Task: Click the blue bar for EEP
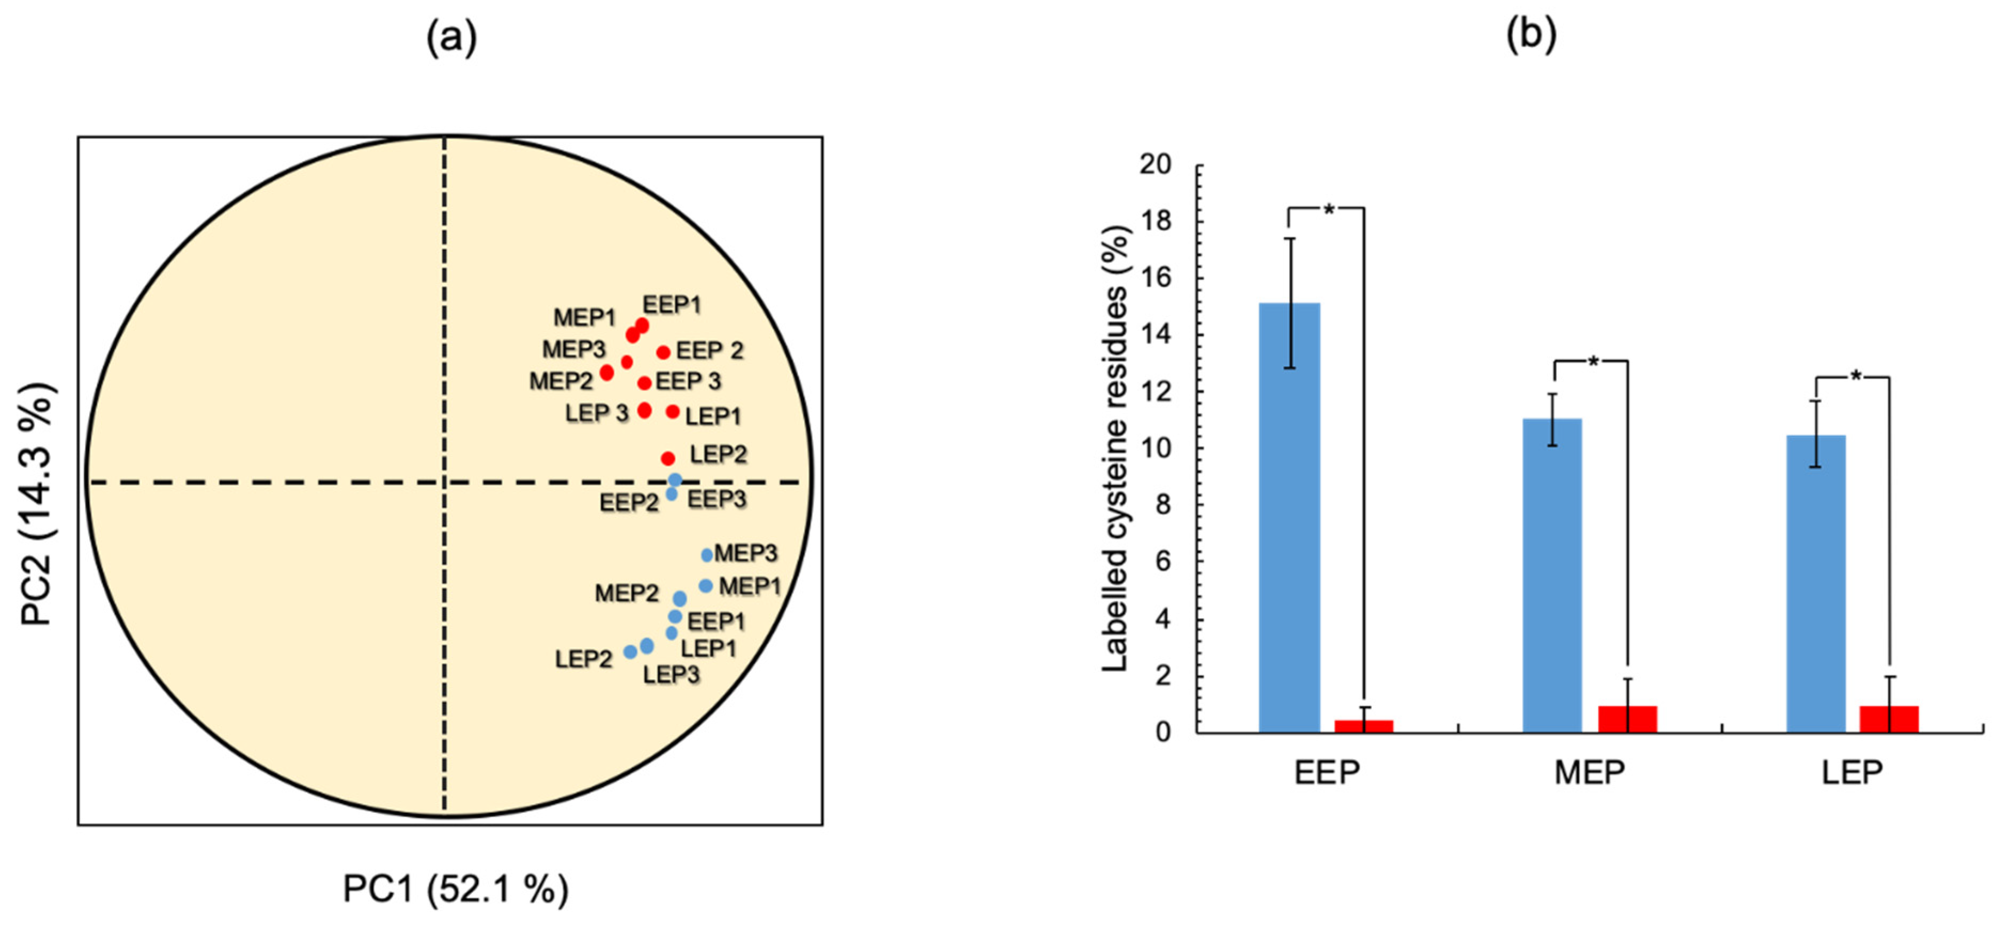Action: coord(1289,518)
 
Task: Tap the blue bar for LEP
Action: coord(1815,584)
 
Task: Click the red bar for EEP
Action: coord(1363,726)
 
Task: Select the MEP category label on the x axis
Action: coord(1589,772)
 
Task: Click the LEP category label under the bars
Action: coord(1852,772)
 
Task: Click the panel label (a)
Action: coord(451,37)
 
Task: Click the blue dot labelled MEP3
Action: coord(706,555)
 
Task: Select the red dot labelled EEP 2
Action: coord(662,352)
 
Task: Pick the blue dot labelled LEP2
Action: coord(630,652)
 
